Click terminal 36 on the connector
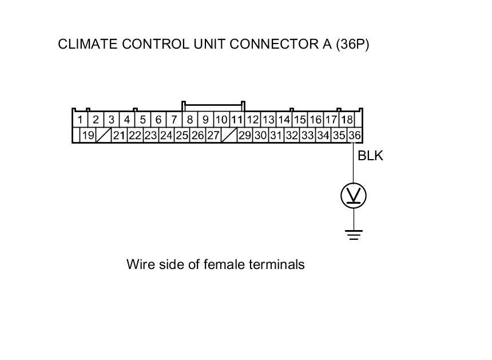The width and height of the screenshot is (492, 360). click(355, 136)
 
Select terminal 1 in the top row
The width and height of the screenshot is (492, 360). click(81, 120)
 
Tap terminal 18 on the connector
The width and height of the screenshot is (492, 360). click(347, 120)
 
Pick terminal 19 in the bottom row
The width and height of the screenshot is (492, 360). click(88, 136)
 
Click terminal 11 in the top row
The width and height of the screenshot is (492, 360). click(236, 120)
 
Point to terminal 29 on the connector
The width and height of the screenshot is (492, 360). click(245, 136)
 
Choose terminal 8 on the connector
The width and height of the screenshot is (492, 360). click(189, 120)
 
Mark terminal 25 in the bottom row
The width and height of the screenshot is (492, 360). click(182, 136)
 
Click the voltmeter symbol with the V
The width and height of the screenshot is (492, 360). click(354, 196)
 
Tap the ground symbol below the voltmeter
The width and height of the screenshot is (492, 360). click(354, 234)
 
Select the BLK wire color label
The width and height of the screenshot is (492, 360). click(370, 155)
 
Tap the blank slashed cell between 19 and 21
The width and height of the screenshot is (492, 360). click(104, 136)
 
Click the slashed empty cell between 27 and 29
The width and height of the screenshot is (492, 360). click(229, 136)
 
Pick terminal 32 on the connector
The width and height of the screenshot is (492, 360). click(292, 136)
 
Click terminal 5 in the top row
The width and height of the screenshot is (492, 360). click(143, 120)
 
